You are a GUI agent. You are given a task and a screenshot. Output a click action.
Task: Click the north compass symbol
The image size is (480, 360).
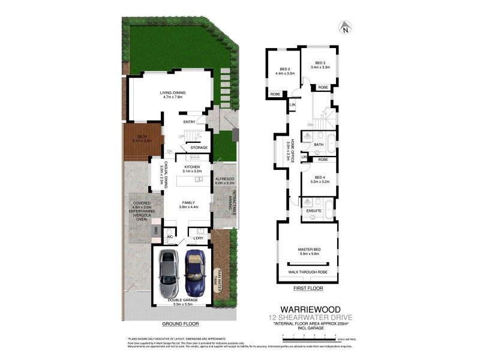[x=344, y=27]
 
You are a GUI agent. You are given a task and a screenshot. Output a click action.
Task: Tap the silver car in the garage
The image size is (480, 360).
[x=168, y=271]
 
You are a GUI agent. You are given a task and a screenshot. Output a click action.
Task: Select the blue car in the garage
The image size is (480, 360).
[x=194, y=271]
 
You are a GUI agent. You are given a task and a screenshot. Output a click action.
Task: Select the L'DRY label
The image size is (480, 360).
[x=199, y=239]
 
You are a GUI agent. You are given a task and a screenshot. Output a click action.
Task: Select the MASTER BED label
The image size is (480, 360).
[x=310, y=250]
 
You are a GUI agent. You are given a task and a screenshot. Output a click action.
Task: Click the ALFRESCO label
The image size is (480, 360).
[x=224, y=180]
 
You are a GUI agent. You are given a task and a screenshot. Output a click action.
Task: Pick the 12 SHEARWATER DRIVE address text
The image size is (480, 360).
[x=312, y=316]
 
